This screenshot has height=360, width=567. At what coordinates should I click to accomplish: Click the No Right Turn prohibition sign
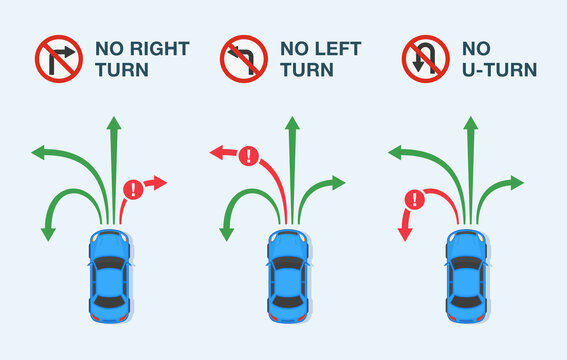click(x=58, y=59)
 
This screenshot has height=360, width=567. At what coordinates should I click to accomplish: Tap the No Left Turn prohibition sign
click(x=244, y=59)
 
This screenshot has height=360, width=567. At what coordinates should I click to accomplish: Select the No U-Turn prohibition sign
click(x=425, y=59)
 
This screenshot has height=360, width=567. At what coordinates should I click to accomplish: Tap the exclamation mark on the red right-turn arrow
click(x=133, y=189)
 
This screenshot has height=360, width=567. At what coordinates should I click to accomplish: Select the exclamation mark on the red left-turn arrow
click(x=249, y=156)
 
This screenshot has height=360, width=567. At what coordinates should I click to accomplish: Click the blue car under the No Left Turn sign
click(x=288, y=274)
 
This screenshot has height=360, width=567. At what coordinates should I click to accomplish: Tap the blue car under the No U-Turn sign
click(x=467, y=274)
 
